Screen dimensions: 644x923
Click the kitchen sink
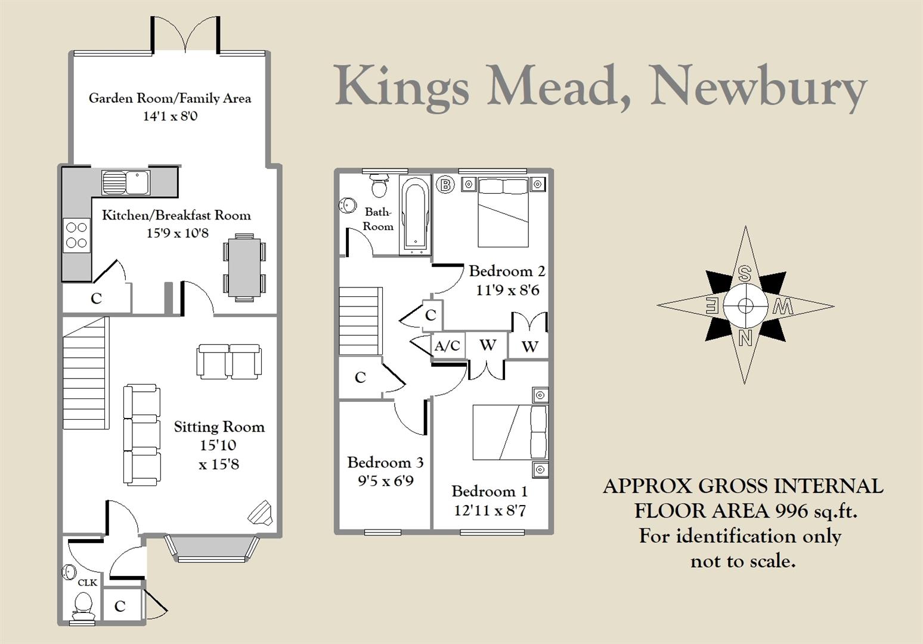[x=126, y=182]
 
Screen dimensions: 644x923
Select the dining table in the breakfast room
[x=244, y=268]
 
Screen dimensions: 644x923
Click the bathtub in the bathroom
[x=416, y=215]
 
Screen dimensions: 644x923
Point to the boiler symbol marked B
[x=445, y=184]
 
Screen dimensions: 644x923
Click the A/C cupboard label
[x=447, y=346]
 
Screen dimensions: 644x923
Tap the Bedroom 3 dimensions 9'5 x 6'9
[x=385, y=481]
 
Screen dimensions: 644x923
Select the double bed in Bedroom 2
[x=503, y=213]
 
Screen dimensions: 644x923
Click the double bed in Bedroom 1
[x=509, y=432]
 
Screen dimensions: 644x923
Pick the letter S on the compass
[x=744, y=274]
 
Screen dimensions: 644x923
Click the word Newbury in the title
[x=758, y=87]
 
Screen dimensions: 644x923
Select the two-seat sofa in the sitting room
[x=229, y=361]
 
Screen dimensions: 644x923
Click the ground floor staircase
[x=85, y=373]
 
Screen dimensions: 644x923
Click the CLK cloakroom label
[x=88, y=582]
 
